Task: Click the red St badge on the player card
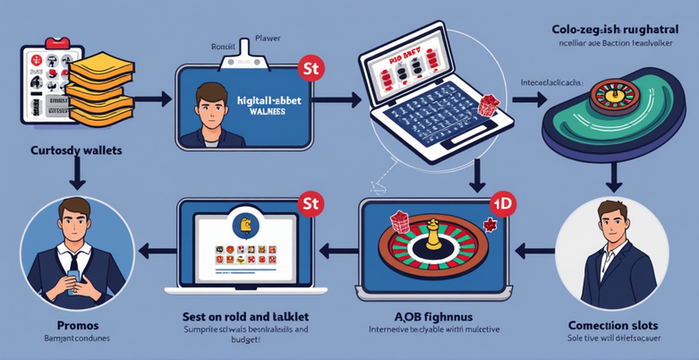[x=309, y=68]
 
